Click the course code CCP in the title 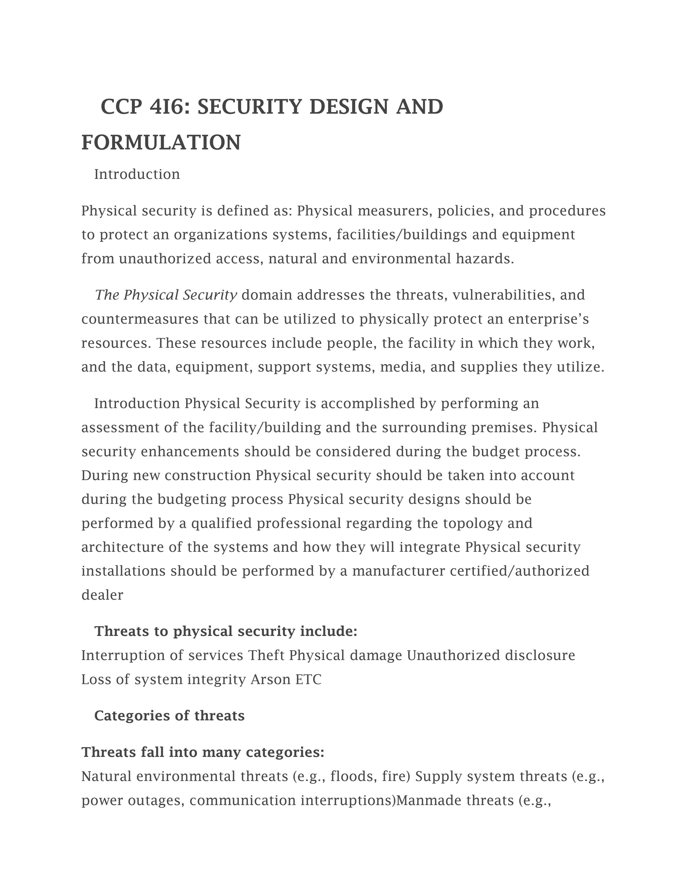coord(121,107)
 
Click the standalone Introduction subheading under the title coord(137,175)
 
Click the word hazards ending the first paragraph coord(485,259)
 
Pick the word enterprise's coord(548,319)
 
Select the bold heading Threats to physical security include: coord(226,631)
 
